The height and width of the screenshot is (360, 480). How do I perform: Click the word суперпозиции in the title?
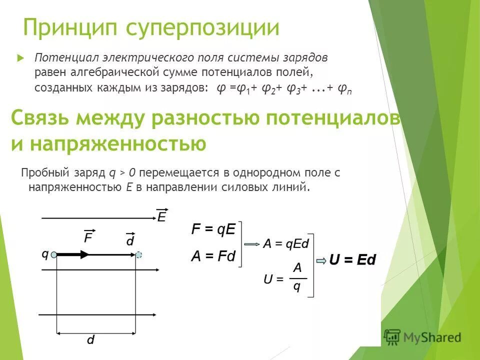click(202, 28)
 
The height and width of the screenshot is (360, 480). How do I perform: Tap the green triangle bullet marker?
click(20, 57)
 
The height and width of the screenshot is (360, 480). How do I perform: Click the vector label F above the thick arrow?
click(89, 236)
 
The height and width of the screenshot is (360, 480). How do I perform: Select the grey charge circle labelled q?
click(54, 254)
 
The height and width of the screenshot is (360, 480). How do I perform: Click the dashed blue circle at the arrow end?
click(139, 254)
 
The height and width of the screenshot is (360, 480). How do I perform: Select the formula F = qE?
click(213, 229)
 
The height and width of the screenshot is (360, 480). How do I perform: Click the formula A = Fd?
click(213, 257)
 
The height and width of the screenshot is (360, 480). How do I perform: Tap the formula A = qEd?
click(286, 243)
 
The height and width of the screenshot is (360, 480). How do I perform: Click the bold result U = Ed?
click(352, 260)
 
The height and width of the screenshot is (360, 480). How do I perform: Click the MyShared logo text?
click(432, 337)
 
